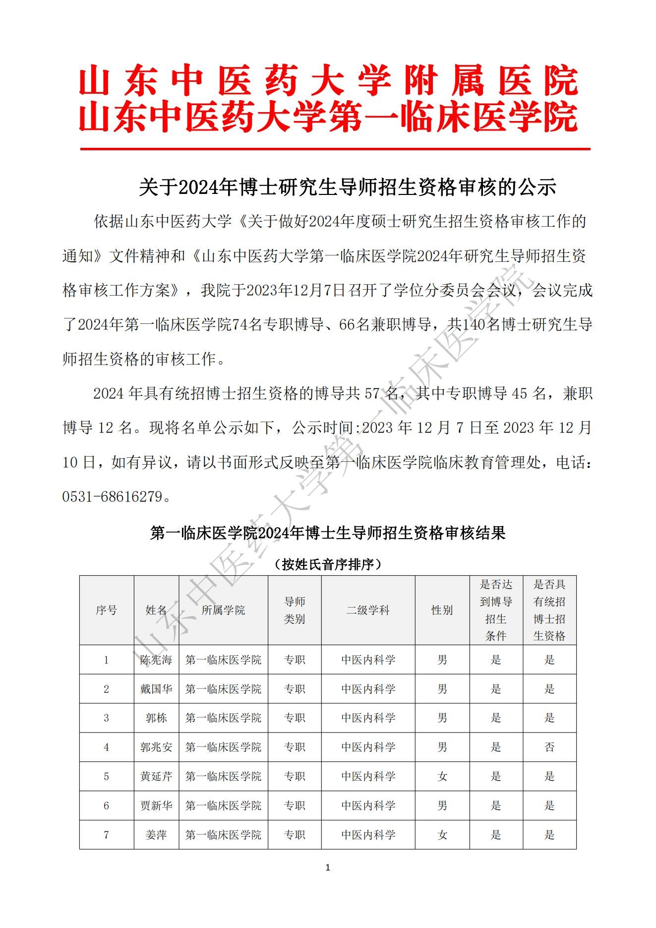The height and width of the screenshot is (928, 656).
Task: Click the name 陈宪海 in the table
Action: tap(156, 660)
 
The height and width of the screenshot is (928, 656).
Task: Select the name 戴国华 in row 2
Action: tap(156, 689)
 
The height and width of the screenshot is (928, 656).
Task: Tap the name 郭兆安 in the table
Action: tap(156, 747)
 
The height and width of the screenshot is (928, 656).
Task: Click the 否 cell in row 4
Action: tap(549, 747)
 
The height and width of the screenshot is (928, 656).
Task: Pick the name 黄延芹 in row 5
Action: tap(156, 776)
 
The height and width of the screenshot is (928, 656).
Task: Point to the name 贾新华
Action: tap(156, 805)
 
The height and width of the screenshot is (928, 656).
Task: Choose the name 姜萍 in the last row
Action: tap(156, 835)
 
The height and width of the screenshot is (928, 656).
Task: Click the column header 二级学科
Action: tap(368, 610)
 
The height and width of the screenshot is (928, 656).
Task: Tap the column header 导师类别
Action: tap(295, 611)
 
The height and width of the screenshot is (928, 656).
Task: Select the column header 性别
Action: tap(442, 610)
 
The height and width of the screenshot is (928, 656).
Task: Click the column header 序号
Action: tap(106, 610)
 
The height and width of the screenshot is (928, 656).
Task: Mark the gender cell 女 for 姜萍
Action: tap(442, 835)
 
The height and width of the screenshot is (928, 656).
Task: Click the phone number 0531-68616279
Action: tap(113, 496)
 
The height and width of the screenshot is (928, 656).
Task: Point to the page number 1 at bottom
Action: tap(328, 867)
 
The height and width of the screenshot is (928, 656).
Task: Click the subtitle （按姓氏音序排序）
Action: tap(328, 564)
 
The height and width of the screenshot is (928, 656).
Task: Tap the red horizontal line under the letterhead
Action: tap(335, 149)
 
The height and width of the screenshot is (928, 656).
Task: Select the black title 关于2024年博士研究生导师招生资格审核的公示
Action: tap(347, 187)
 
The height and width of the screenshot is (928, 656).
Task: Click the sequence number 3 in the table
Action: tap(106, 718)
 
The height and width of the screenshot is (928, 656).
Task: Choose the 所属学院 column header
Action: tap(223, 610)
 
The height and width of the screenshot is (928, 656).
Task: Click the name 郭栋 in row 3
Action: tap(156, 718)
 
